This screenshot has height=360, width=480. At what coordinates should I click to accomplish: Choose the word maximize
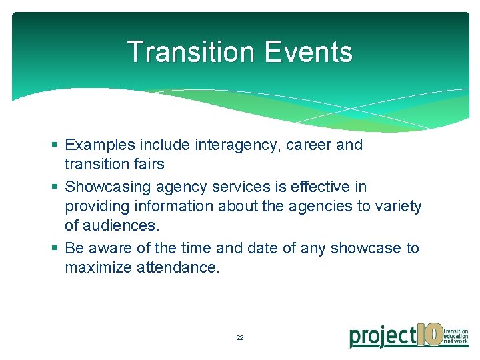(x=95, y=268)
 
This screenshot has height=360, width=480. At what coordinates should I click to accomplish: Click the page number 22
(x=240, y=338)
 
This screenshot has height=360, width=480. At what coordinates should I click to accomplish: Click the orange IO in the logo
(x=429, y=334)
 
